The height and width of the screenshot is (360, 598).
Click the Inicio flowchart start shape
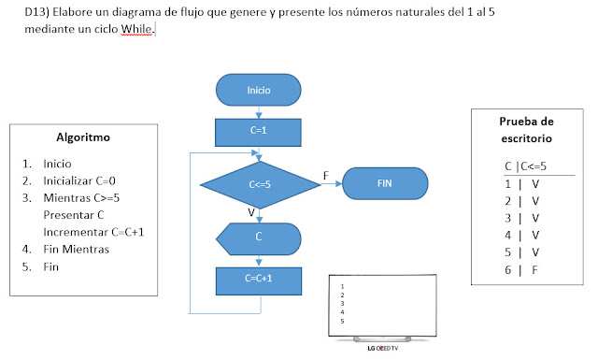pos(259,90)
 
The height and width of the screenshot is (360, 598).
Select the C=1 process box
pos(259,131)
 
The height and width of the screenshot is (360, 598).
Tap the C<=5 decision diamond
pos(259,184)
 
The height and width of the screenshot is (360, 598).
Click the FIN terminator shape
pos(384,183)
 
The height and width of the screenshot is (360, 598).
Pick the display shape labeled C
pos(259,237)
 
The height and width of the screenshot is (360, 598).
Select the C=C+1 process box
pos(259,280)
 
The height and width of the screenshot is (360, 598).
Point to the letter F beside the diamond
pos(325,175)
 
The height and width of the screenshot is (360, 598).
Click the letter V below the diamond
pos(251,212)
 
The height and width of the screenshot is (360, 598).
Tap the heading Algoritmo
pos(83,137)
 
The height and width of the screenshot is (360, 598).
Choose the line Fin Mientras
pos(77,250)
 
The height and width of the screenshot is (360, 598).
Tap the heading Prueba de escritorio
pos(526,129)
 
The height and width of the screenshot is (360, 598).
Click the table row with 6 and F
pos(522,271)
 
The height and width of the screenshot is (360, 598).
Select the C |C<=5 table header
pos(525,166)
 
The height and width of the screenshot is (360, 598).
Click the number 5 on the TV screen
pos(344,322)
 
